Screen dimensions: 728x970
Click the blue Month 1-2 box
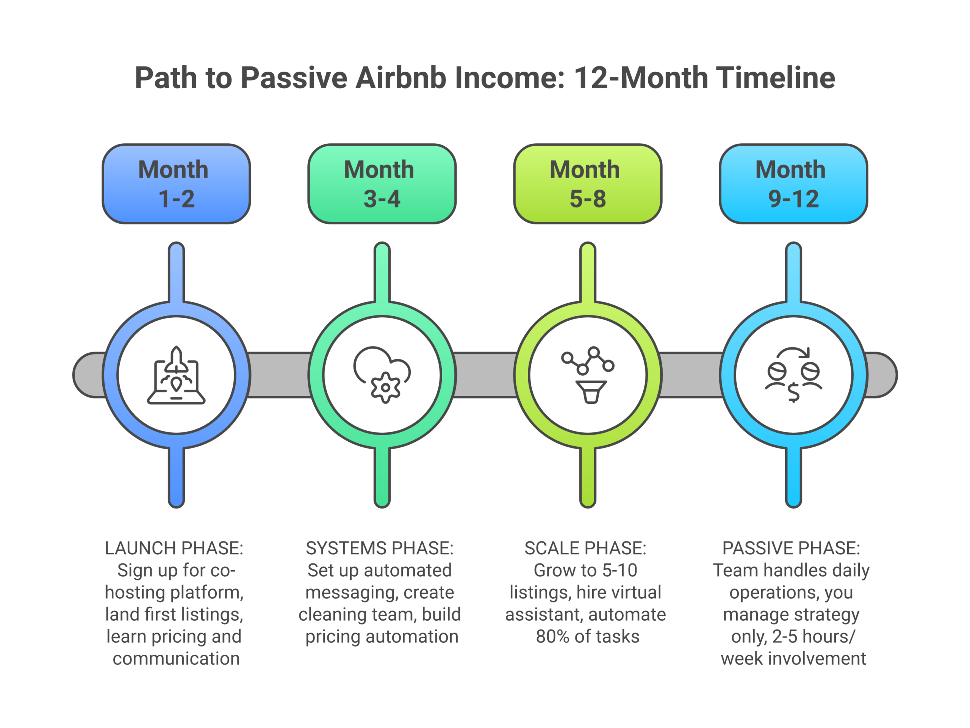[x=176, y=184]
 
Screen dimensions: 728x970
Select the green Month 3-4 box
[x=382, y=184]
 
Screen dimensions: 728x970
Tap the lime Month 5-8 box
[x=588, y=184]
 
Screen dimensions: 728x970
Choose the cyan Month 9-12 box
[x=793, y=184]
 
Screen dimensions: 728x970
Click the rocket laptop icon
[x=176, y=375]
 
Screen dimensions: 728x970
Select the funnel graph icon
[x=588, y=375]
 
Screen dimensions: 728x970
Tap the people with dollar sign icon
[x=793, y=375]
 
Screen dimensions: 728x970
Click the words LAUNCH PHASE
[x=174, y=548]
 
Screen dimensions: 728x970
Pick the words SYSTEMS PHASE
[x=379, y=548]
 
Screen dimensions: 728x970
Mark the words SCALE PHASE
[x=585, y=548]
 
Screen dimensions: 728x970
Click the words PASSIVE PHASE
[x=791, y=548]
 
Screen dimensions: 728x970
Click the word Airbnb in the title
[x=401, y=78]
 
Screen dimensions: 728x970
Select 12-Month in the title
[x=640, y=78]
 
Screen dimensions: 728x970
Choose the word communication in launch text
[x=176, y=659]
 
